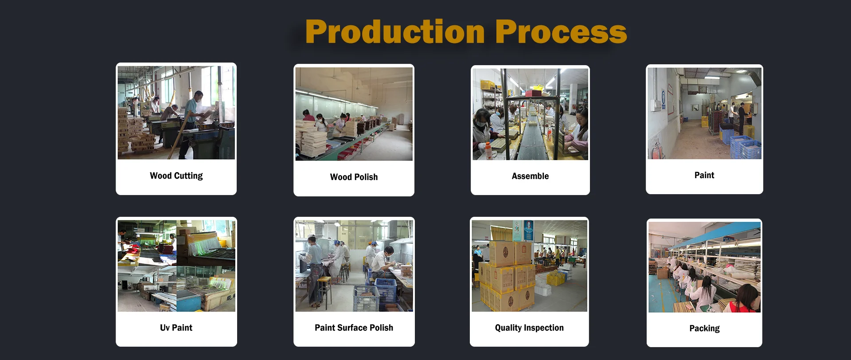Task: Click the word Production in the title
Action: point(395,32)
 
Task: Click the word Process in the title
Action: point(561,32)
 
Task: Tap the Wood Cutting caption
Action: point(176,176)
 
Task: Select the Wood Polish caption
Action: point(354,177)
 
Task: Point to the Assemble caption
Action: point(530,176)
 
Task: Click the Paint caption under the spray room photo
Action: point(704,175)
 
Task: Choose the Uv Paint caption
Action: point(176,328)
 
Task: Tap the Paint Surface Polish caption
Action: point(354,328)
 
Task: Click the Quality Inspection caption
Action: point(529,328)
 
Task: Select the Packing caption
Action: point(704,329)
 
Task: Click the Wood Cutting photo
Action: point(176,113)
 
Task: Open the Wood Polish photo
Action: point(354,114)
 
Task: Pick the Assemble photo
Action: point(530,114)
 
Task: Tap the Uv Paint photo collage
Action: point(176,266)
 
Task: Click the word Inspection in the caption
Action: point(544,328)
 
